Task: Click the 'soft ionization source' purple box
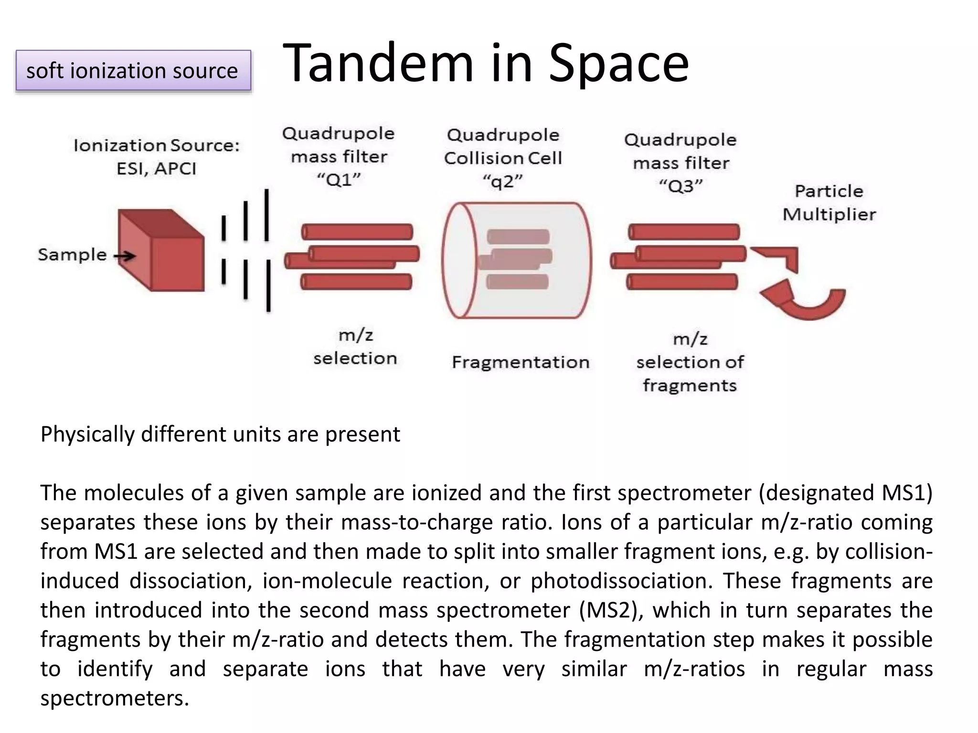(133, 71)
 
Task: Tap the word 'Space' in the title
(618, 63)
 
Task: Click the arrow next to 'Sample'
(125, 257)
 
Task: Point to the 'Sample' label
(72, 255)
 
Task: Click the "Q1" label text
(339, 180)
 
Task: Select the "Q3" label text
(680, 186)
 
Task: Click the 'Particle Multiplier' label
(829, 203)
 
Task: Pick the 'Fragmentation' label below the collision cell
(521, 362)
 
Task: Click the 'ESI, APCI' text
(156, 168)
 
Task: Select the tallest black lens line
(267, 215)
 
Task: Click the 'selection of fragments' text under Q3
(690, 374)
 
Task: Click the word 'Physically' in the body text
(87, 435)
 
